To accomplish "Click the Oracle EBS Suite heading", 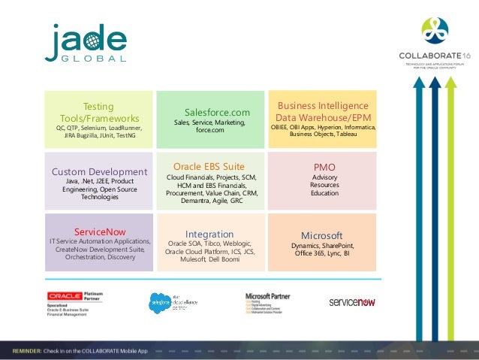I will click(x=209, y=166).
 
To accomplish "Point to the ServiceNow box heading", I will click(x=100, y=231).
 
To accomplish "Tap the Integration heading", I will click(x=209, y=234).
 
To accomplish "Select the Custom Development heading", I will click(x=99, y=171).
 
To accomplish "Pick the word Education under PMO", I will click(x=324, y=193).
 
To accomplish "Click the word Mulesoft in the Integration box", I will click(x=195, y=259).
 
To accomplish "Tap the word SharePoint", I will click(x=336, y=246).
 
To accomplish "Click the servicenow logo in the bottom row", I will click(x=352, y=301).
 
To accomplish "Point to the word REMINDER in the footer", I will click(x=30, y=351).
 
